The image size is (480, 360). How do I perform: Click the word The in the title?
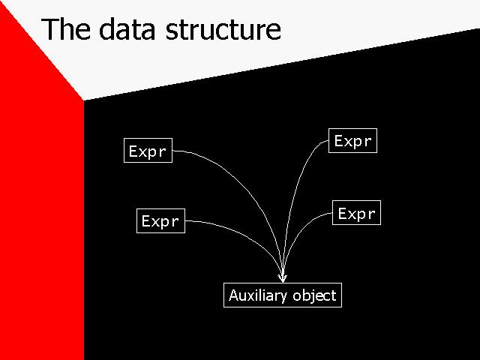[65, 28]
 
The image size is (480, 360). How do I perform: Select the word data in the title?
[127, 28]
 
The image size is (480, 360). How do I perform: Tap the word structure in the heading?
[223, 29]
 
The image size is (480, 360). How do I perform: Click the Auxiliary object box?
[283, 295]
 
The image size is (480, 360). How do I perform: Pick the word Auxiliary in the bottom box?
[258, 295]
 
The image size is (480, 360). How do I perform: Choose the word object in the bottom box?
[314, 295]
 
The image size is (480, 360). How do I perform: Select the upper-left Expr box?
[148, 150]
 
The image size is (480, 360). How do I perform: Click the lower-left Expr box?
[160, 220]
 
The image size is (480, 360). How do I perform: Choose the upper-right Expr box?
[352, 140]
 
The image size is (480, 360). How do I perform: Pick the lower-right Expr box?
[357, 213]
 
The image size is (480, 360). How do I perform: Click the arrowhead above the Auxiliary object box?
[283, 278]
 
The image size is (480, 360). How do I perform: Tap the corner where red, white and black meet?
[84, 100]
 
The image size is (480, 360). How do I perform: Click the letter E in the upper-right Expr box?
[338, 140]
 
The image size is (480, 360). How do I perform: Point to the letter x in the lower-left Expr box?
[154, 221]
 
